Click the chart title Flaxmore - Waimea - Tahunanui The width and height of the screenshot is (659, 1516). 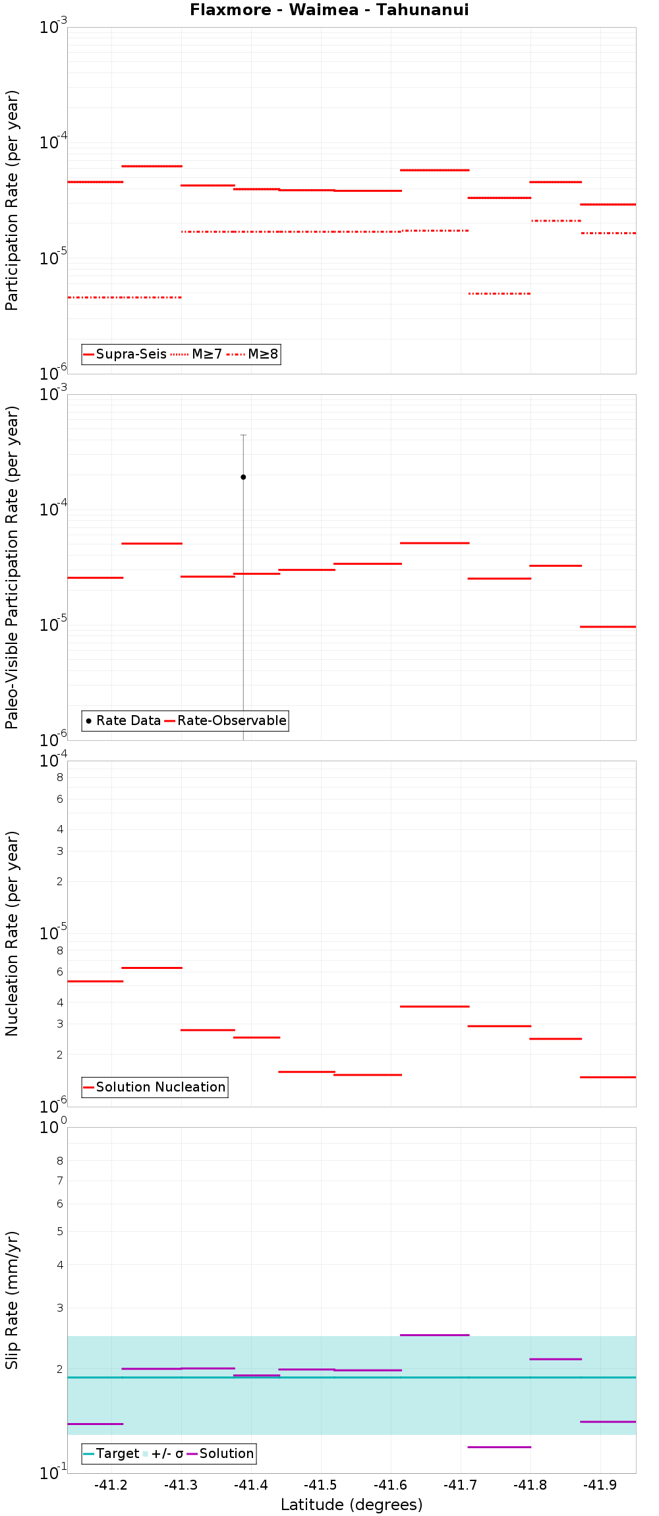point(329,10)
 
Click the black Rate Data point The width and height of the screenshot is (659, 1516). point(243,477)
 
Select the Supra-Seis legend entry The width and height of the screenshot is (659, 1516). point(125,354)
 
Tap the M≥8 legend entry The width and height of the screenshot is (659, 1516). point(253,354)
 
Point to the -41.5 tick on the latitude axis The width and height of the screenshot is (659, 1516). point(321,1485)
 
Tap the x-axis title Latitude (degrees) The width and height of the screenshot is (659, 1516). point(351,1505)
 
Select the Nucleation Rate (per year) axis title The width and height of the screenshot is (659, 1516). point(12,933)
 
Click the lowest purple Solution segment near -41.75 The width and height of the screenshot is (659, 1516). point(499,1447)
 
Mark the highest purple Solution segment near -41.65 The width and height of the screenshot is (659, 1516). point(434,1335)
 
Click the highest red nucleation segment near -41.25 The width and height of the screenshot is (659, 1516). point(152,968)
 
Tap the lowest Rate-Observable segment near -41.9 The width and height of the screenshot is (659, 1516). point(608,626)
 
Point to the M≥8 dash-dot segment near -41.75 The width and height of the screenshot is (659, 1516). point(499,293)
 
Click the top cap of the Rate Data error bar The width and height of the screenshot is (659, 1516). point(243,435)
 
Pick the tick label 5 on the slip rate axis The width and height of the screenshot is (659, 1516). point(60,1231)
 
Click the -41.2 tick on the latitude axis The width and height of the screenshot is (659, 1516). point(111,1485)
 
